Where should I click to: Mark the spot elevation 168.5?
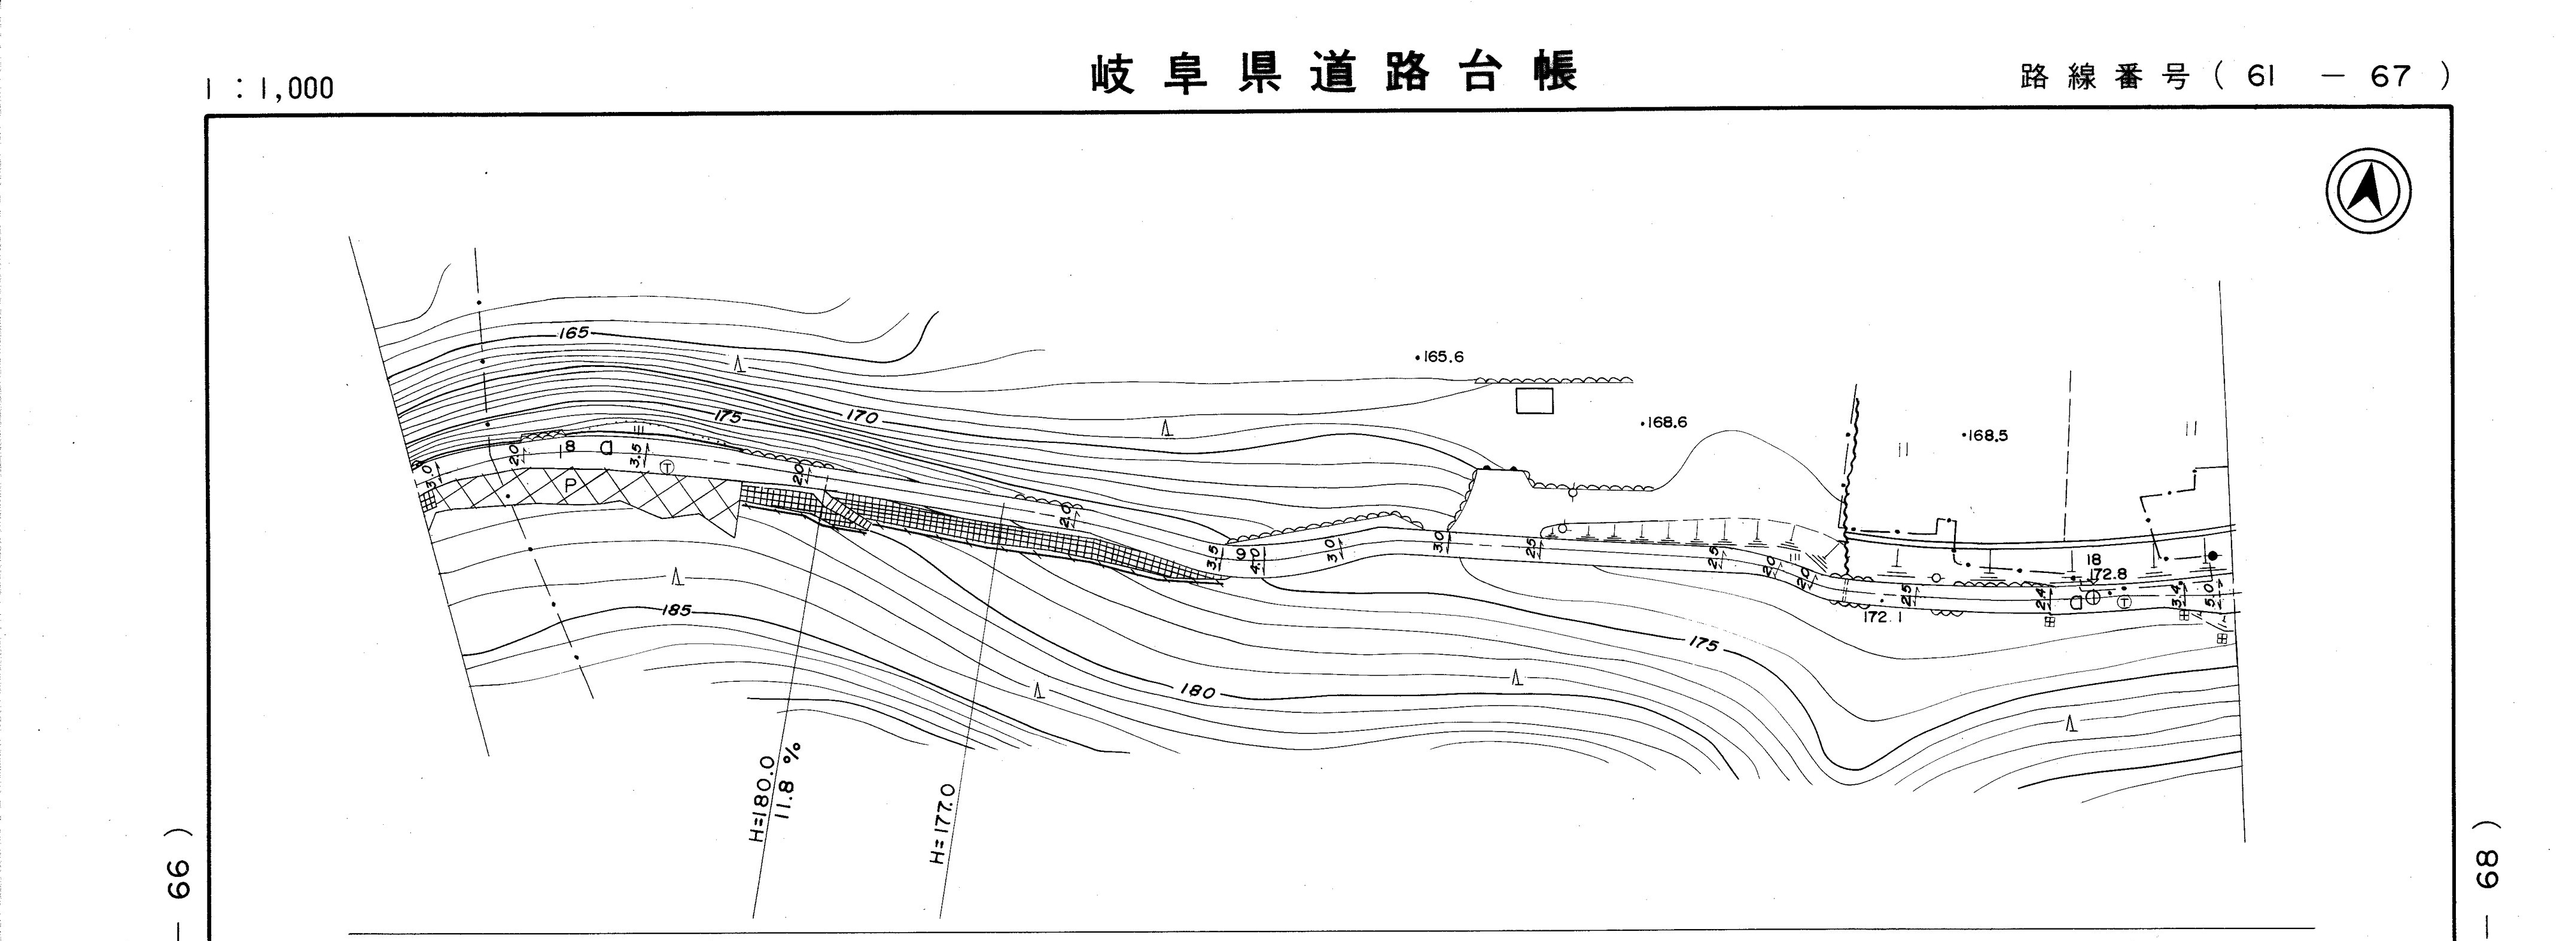(1987, 436)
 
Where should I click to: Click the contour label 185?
(676, 609)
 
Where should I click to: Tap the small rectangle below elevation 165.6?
(1535, 400)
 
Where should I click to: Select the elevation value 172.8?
(2108, 575)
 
